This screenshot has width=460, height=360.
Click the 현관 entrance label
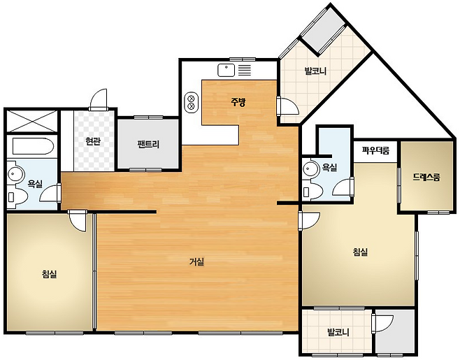pyautogui.click(x=93, y=141)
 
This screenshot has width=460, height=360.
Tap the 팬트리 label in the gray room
pyautogui.click(x=148, y=144)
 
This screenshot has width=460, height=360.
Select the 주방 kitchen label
pyautogui.click(x=238, y=102)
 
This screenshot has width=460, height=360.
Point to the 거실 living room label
pyautogui.click(x=196, y=261)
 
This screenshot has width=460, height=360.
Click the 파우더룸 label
pyautogui.click(x=375, y=151)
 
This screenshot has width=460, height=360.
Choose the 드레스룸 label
pyautogui.click(x=426, y=177)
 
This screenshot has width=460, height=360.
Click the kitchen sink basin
pyautogui.click(x=227, y=70)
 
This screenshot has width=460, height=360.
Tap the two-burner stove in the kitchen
pyautogui.click(x=191, y=102)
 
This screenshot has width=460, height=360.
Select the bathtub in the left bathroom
pyautogui.click(x=33, y=145)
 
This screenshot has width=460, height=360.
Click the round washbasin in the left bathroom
pyautogui.click(x=15, y=173)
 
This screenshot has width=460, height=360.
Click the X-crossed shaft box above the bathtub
pyautogui.click(x=31, y=121)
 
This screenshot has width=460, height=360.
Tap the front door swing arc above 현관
pyautogui.click(x=99, y=99)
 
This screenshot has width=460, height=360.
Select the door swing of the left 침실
pyautogui.click(x=77, y=221)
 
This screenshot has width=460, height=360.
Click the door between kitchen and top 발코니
pyautogui.click(x=287, y=106)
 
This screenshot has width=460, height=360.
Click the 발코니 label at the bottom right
pyautogui.click(x=338, y=333)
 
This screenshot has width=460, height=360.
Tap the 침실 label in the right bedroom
pyautogui.click(x=360, y=252)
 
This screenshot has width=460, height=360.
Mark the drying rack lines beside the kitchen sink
pyautogui.click(x=245, y=70)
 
